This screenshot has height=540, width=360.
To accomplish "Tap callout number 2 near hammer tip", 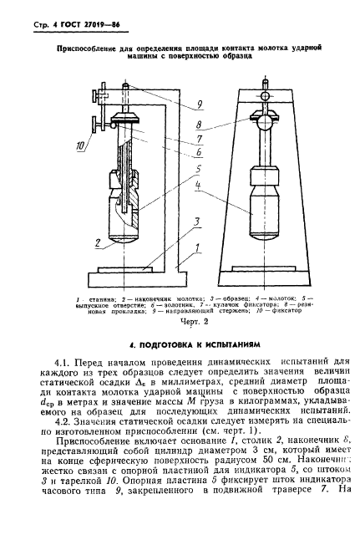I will pos(98,243).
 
